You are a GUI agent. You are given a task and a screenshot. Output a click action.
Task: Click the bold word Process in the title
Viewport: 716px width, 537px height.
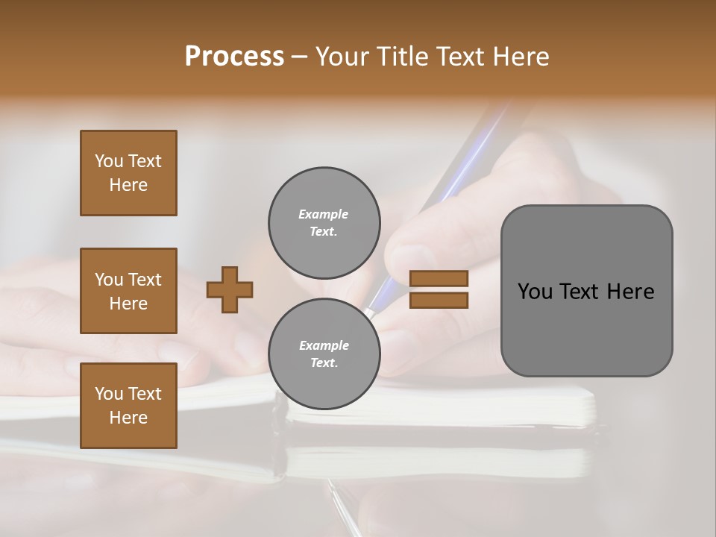[x=234, y=57]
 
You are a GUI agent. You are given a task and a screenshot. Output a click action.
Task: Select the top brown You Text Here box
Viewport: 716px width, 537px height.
[x=128, y=173]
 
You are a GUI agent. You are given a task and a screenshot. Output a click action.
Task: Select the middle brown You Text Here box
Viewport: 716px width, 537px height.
[x=128, y=291]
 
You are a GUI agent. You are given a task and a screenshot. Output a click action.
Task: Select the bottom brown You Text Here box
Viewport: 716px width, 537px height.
[x=128, y=405]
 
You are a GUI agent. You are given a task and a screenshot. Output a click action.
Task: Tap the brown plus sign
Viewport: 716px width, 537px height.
[x=230, y=289]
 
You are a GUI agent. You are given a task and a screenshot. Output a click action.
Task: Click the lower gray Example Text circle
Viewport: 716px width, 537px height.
[x=324, y=354]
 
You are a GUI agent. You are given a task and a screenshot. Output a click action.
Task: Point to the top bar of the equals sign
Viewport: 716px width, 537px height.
[x=439, y=279]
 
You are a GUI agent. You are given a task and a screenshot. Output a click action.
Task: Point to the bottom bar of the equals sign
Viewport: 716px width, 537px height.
[x=439, y=300]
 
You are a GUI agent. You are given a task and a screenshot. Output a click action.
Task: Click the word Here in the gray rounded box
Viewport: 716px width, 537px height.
[x=630, y=292]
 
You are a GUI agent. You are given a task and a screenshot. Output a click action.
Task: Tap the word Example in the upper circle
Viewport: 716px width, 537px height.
[x=324, y=215]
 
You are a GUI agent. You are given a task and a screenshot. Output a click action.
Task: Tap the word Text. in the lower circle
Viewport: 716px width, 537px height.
[x=324, y=363]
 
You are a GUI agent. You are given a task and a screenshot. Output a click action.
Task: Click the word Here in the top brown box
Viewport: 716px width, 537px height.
[x=128, y=185]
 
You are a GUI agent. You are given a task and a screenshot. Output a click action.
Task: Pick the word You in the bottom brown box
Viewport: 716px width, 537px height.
[x=109, y=394]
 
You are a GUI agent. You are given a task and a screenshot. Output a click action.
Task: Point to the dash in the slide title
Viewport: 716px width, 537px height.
[x=299, y=57]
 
